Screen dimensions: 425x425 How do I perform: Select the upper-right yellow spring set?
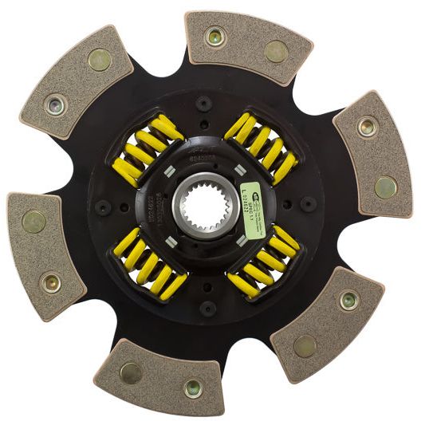click(x=262, y=145)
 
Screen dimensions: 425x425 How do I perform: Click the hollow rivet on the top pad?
click(x=213, y=35)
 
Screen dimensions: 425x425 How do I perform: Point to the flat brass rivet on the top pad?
click(x=276, y=52)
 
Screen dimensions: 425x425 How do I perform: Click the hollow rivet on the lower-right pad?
click(x=348, y=300)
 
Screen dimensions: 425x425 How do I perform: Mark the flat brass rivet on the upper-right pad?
click(x=385, y=187)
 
